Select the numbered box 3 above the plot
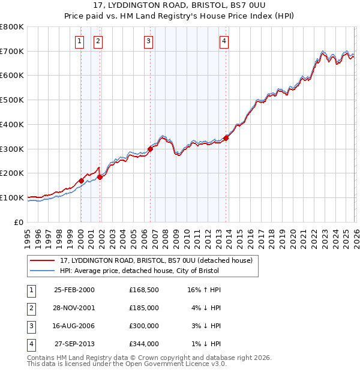pyautogui.click(x=148, y=41)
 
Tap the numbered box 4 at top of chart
pyautogui.click(x=223, y=41)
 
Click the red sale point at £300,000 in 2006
pyautogui.click(x=150, y=149)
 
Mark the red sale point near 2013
pyautogui.click(x=226, y=138)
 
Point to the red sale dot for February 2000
pyautogui.click(x=81, y=181)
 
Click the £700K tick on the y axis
pyautogui.click(x=13, y=52)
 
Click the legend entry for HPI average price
pyautogui.click(x=139, y=271)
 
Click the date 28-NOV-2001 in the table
pyautogui.click(x=74, y=308)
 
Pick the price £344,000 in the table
pyautogui.click(x=144, y=344)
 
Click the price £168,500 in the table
pyautogui.click(x=144, y=290)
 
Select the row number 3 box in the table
pyautogui.click(x=31, y=326)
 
